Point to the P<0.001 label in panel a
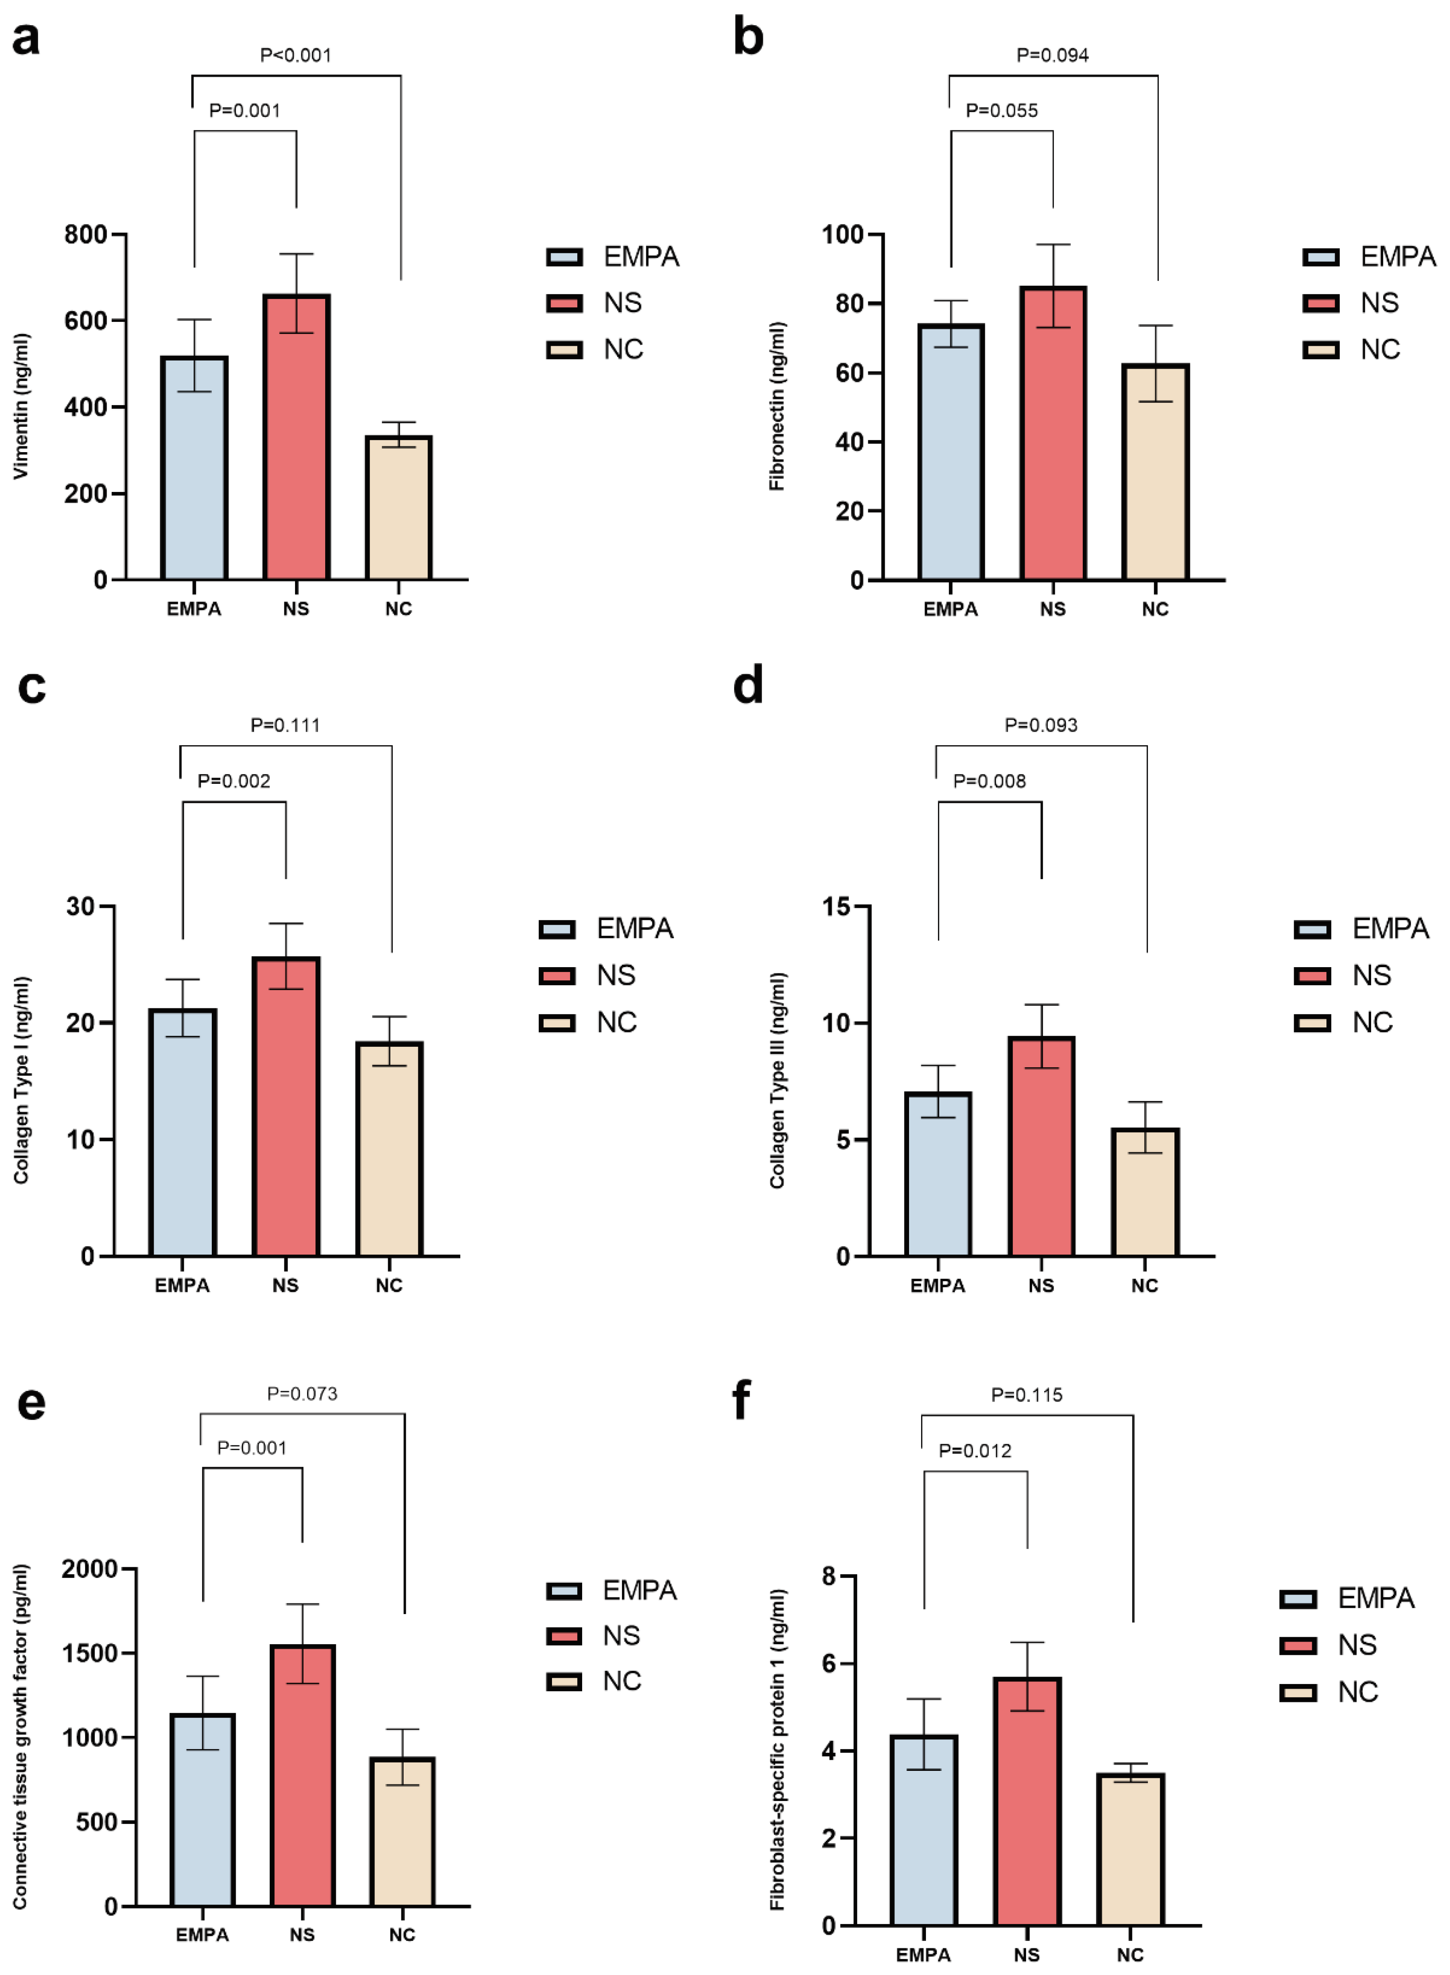[296, 55]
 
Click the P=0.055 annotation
[1002, 111]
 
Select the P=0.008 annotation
[989, 781]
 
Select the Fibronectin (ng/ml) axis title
[777, 406]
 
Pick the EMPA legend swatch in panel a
[564, 257]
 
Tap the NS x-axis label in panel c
[285, 1286]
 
